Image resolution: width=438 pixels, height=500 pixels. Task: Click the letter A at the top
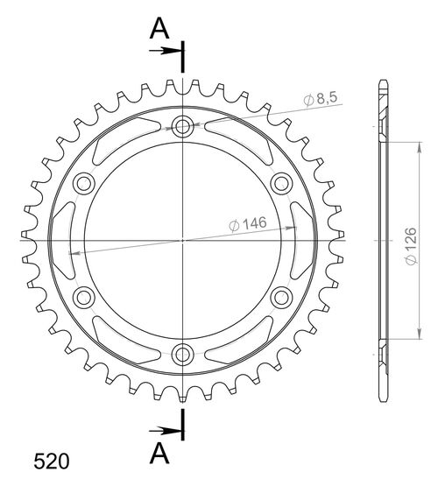(x=158, y=29)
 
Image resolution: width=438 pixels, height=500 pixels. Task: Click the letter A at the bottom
(x=158, y=452)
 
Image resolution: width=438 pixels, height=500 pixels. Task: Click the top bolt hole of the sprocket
(x=182, y=126)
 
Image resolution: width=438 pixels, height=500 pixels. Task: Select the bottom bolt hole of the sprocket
(x=182, y=353)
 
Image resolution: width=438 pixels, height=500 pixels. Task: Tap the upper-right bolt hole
(x=281, y=183)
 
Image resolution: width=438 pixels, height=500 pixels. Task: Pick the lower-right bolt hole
(x=281, y=296)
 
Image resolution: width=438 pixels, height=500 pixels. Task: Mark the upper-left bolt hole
(x=84, y=183)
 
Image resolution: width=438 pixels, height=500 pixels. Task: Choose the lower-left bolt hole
(x=84, y=296)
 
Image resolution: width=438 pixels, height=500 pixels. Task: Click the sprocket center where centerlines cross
(x=182, y=239)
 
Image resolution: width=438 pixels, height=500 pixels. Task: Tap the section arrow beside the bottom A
(x=164, y=430)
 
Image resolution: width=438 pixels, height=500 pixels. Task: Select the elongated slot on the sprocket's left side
(x=64, y=239)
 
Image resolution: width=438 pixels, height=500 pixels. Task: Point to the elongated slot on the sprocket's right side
(x=301, y=239)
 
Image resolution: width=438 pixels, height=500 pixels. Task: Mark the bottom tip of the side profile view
(x=383, y=398)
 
